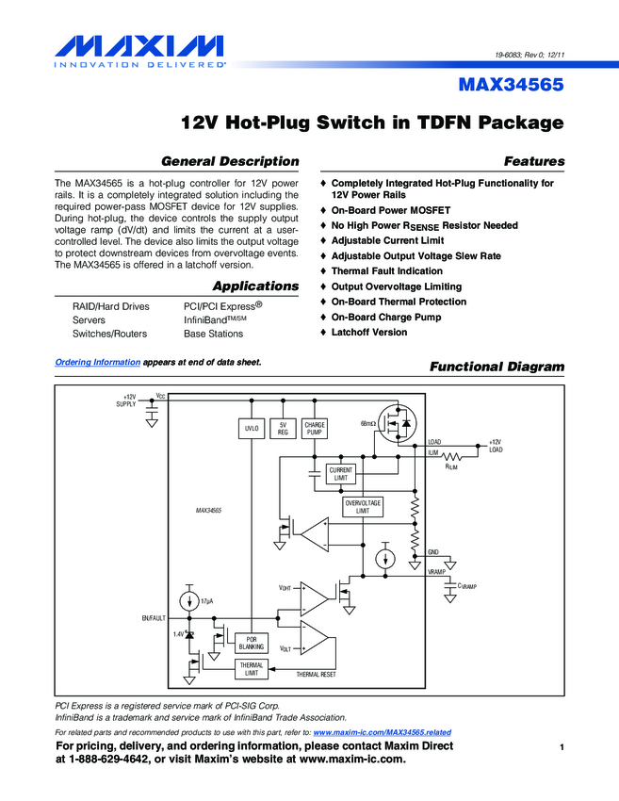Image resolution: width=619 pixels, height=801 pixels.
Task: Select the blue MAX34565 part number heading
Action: point(511,84)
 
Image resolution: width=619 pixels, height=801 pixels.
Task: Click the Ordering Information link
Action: point(98,362)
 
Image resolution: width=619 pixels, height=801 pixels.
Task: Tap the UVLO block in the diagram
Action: point(252,429)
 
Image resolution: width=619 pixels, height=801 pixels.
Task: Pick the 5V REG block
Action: point(283,429)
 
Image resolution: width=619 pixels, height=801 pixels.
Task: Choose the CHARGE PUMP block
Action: point(315,429)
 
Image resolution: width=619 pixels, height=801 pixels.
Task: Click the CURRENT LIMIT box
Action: point(341,474)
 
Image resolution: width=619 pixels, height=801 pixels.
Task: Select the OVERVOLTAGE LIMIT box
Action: point(363,507)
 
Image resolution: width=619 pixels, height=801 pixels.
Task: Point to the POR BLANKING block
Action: point(252,643)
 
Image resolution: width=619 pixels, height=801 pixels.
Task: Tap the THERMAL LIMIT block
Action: point(252,669)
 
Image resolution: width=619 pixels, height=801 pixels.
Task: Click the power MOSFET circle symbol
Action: point(398,423)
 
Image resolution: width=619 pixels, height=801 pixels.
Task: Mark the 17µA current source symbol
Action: point(189,601)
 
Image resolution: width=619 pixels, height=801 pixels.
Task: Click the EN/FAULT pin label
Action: point(154,618)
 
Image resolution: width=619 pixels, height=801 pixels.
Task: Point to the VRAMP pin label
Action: point(436,572)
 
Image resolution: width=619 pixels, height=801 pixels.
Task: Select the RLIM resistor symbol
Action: point(451,456)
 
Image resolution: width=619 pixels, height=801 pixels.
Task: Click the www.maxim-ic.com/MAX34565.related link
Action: point(382,732)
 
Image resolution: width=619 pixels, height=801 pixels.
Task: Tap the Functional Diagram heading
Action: point(497,367)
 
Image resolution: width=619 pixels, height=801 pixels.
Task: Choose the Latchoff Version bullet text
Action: point(369,332)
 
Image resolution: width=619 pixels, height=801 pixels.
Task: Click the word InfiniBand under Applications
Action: point(205,320)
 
